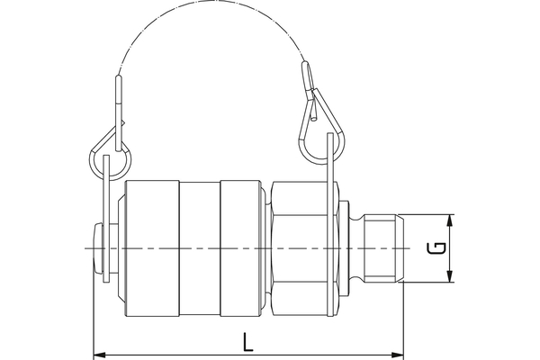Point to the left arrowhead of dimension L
99,353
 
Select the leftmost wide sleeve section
151,247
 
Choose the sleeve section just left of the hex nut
243,247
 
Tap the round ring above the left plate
110,163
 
